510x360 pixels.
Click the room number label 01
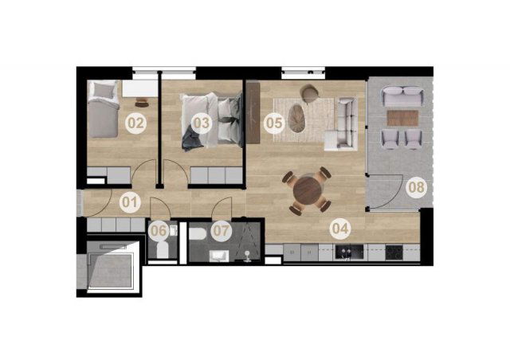point(130,202)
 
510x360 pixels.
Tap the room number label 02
point(136,123)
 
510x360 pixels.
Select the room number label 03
point(202,123)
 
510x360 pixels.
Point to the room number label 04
point(340,229)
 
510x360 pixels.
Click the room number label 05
point(274,123)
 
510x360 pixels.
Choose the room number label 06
point(159,231)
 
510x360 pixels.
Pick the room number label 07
point(222,231)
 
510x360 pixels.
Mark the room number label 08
point(417,187)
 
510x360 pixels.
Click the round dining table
point(307,190)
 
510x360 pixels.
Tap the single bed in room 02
point(103,109)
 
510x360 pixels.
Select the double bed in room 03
point(212,122)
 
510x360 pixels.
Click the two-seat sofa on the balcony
point(402,96)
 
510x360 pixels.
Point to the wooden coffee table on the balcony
point(402,118)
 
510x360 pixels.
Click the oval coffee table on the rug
point(296,118)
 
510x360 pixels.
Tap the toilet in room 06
point(163,248)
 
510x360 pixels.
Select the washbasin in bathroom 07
point(219,256)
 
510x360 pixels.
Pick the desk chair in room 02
point(142,103)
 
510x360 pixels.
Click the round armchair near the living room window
point(310,93)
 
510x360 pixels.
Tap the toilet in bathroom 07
point(198,234)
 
